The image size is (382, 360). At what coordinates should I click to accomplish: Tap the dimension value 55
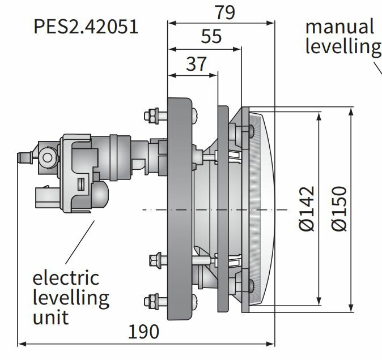pyautogui.click(x=211, y=37)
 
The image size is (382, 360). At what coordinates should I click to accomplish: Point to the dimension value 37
pyautogui.click(x=196, y=64)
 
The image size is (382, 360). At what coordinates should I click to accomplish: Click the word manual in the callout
pyautogui.click(x=339, y=26)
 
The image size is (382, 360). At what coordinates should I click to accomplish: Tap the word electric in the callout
pyautogui.click(x=65, y=278)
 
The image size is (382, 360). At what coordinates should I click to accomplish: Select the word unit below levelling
pyautogui.click(x=50, y=316)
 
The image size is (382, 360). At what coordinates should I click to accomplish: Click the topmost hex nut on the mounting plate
pyautogui.click(x=152, y=115)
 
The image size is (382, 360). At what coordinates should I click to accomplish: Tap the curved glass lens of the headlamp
pyautogui.click(x=266, y=209)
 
